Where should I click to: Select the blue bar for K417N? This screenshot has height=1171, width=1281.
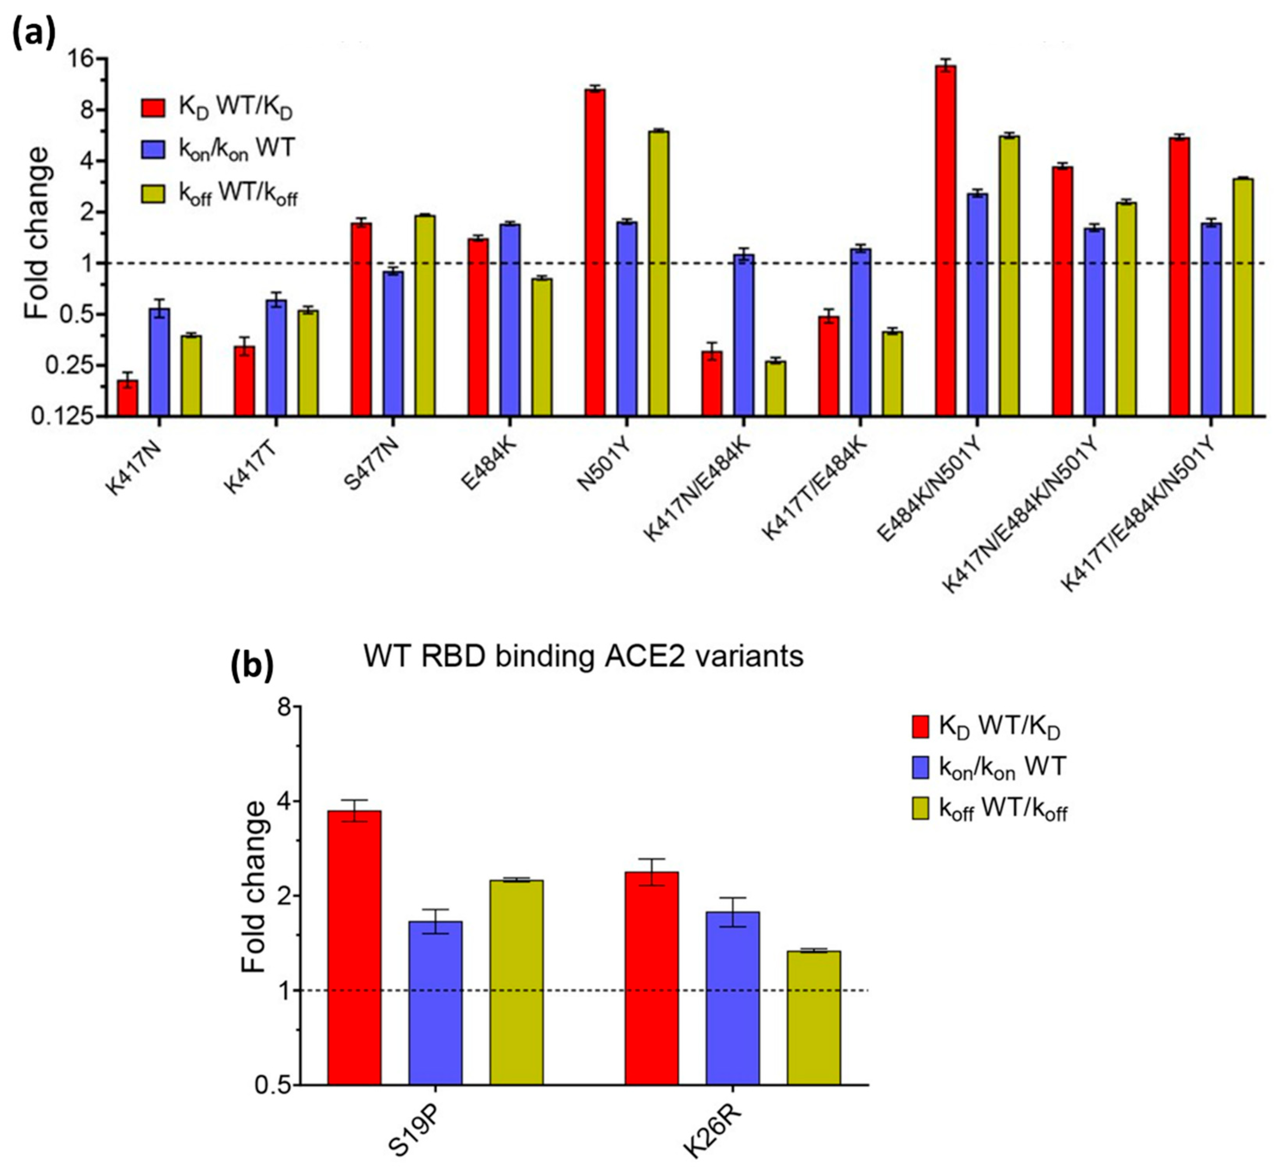tap(159, 362)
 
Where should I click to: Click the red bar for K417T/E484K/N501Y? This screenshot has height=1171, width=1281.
tap(1179, 277)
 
